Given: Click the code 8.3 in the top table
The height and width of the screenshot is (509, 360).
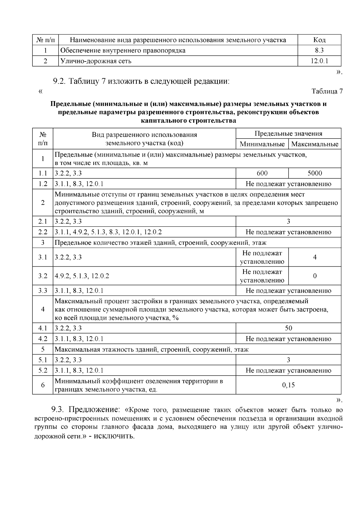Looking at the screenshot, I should [319, 50].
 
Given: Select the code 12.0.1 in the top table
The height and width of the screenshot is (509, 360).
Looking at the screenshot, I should [319, 61].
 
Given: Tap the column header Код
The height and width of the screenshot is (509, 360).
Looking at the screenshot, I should [319, 40].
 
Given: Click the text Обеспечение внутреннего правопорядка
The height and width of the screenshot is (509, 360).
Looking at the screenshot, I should [123, 50].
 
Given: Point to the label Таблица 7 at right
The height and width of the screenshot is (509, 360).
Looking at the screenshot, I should [327, 91].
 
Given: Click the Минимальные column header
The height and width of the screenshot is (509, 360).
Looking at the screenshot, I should [262, 144].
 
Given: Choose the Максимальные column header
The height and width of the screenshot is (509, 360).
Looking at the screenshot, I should [315, 144].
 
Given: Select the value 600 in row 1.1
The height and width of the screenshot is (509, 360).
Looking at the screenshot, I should [262, 173].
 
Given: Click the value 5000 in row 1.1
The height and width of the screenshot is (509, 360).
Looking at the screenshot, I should [315, 173].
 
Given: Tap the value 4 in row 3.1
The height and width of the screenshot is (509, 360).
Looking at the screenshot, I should [315, 257].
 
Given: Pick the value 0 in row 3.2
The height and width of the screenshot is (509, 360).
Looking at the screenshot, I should [315, 276].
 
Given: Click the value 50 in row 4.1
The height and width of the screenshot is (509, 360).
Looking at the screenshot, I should [288, 328].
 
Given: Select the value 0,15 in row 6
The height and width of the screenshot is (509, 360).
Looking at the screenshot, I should [288, 385].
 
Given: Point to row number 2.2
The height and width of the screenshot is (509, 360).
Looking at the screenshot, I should [43, 232].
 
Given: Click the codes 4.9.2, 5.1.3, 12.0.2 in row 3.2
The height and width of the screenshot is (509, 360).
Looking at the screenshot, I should [82, 276].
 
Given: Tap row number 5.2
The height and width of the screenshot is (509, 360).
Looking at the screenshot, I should [43, 370].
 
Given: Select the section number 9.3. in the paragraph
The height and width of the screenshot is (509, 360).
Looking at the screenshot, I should [58, 410].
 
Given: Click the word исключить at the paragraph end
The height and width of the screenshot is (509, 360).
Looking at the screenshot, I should [114, 436].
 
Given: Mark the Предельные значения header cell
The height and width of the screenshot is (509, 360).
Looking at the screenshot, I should [288, 134].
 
